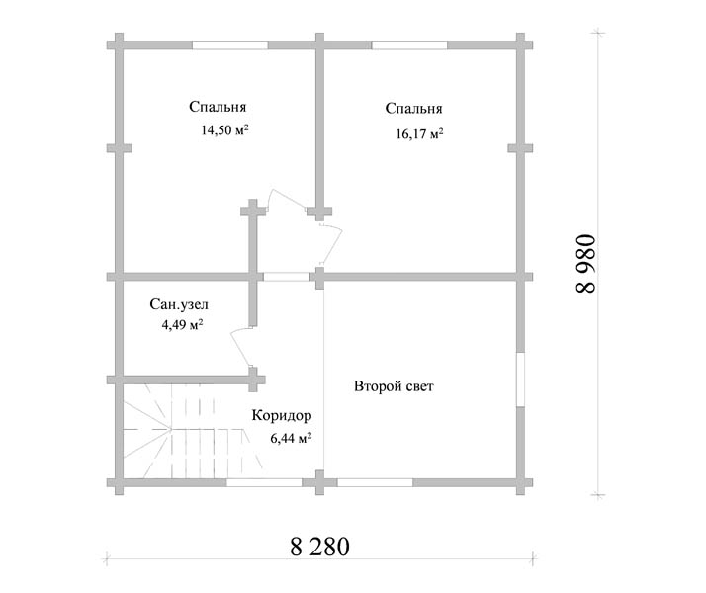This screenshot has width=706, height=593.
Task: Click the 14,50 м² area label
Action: coord(224,130)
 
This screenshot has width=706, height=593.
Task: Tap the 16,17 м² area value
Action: coord(419,133)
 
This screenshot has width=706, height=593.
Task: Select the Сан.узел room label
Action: coord(179,304)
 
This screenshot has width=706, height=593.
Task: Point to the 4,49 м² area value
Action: coord(182,324)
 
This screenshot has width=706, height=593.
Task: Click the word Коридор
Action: coord(282,415)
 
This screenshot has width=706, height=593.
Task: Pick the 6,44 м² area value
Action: coord(291,438)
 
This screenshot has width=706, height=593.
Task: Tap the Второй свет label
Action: coord(394,386)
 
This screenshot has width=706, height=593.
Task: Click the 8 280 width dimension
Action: coord(319,547)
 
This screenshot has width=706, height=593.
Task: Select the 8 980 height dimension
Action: coord(585,264)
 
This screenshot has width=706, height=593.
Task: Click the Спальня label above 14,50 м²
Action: coord(218,107)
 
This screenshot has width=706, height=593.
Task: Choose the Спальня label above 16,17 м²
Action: coord(413,109)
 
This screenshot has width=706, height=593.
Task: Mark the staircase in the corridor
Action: coord(192,432)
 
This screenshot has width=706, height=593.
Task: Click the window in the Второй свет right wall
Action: coord(520,380)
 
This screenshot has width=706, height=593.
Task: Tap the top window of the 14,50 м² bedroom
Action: coord(230,45)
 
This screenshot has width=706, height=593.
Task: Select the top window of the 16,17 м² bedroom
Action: coord(409,45)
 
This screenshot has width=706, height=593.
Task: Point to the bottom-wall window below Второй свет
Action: coord(375,482)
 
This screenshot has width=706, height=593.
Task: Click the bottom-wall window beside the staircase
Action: coord(264,482)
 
